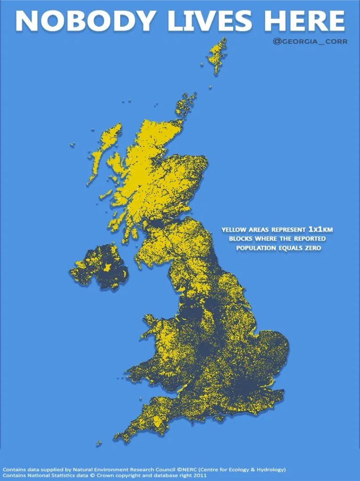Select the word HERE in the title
coord(304,21)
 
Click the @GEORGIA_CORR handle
coord(310,41)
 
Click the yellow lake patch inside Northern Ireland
coord(108,267)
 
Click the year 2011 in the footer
coord(199,475)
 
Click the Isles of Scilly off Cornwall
coord(99,443)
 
